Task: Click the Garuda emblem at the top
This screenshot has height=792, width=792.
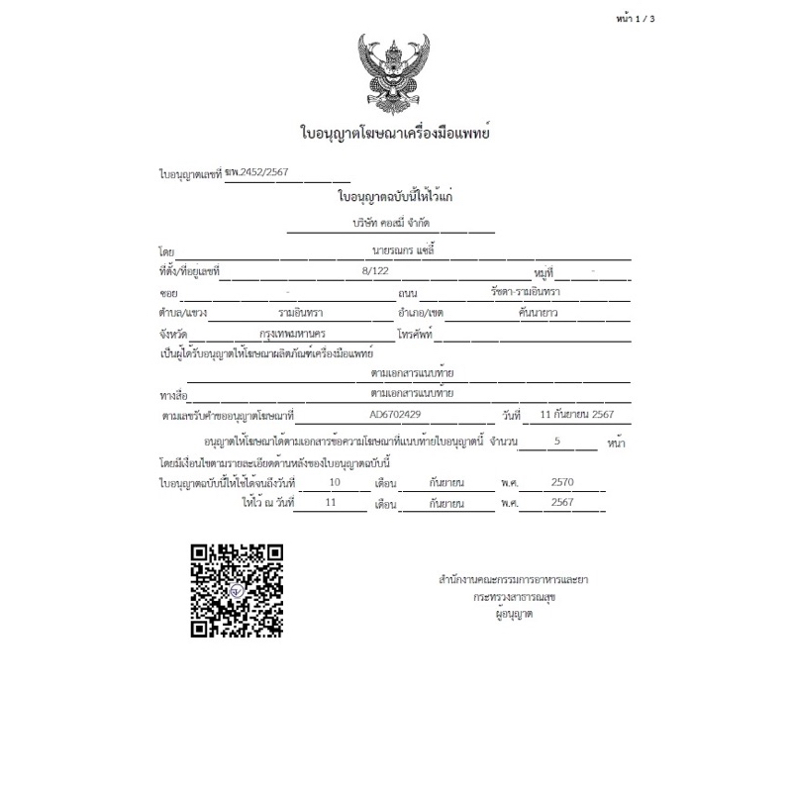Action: [395, 74]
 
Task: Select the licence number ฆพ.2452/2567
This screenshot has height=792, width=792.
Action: [257, 172]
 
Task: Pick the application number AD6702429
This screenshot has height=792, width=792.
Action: [394, 416]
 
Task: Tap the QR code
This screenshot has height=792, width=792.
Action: [238, 590]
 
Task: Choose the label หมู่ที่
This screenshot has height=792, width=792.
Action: [542, 270]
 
